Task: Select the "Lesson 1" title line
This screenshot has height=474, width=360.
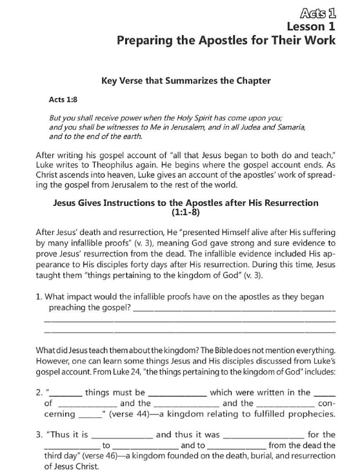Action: click(x=312, y=26)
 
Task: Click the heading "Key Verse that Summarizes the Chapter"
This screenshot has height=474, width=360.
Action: click(x=186, y=81)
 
